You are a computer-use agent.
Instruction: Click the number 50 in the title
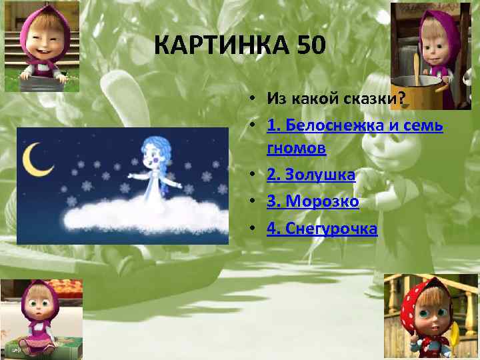pos(308,46)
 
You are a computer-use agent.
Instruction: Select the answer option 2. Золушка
pos(311,175)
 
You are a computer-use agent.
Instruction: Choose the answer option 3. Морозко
pos(313,202)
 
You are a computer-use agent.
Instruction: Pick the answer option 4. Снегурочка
pos(322,229)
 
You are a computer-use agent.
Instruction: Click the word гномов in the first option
pos(296,148)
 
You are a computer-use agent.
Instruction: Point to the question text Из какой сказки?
pos(337,99)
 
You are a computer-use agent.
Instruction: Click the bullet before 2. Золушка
pos(256,175)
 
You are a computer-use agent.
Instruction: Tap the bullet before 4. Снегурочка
pos(256,229)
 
